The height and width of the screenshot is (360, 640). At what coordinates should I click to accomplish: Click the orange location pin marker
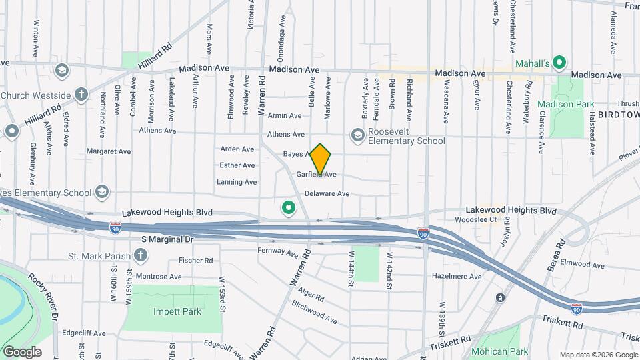[x=321, y=159]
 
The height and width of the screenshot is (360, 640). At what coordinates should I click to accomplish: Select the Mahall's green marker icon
[x=560, y=63]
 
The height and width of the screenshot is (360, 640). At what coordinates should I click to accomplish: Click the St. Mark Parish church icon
[x=141, y=255]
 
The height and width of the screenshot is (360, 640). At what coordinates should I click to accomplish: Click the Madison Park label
[x=565, y=104]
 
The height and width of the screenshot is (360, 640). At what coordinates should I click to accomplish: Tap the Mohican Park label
[x=499, y=351]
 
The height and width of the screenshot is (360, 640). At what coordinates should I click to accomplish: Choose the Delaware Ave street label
[x=327, y=194]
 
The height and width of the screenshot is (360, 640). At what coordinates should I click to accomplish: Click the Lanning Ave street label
[x=237, y=182]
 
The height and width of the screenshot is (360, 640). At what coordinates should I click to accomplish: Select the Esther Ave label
[x=237, y=165]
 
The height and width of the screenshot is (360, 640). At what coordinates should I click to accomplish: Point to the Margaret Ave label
[x=109, y=151]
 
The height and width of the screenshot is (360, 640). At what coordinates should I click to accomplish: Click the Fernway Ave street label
[x=278, y=253]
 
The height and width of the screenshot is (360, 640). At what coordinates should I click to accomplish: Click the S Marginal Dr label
[x=167, y=239]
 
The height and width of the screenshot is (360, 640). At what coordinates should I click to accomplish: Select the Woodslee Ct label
[x=476, y=219]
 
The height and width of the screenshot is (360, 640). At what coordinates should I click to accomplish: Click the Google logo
[x=22, y=351]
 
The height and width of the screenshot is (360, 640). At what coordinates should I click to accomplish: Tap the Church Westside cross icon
[x=81, y=95]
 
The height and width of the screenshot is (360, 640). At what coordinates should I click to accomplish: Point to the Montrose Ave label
[x=159, y=276]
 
